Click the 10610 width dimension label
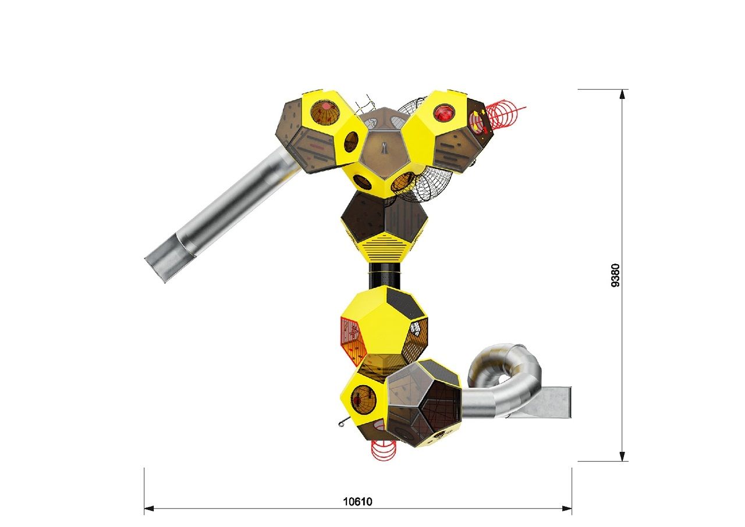tap(357, 501)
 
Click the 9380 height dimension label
tap(615, 275)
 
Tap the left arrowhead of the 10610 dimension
tap(148, 508)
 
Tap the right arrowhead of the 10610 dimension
tap(567, 508)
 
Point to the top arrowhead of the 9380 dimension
tap(622, 94)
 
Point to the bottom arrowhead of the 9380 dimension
tap(622, 456)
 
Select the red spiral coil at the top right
tap(505, 113)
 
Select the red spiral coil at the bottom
tap(384, 450)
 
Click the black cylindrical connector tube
tap(385, 276)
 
